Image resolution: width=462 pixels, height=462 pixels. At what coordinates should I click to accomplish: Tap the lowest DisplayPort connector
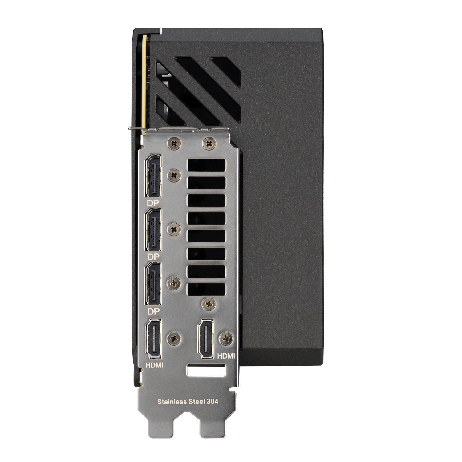[x=153, y=284]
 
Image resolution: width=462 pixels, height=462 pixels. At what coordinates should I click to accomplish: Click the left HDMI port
[x=153, y=339]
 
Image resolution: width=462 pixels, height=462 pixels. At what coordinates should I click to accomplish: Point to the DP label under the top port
[x=153, y=203]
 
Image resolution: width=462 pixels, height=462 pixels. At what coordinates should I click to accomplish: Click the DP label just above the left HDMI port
[x=153, y=312]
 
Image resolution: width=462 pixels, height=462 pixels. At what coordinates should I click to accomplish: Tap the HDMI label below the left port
[x=154, y=365]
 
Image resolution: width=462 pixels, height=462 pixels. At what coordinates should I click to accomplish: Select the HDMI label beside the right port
[x=226, y=356]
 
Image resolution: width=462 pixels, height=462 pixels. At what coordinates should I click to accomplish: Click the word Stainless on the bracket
[x=172, y=402]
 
